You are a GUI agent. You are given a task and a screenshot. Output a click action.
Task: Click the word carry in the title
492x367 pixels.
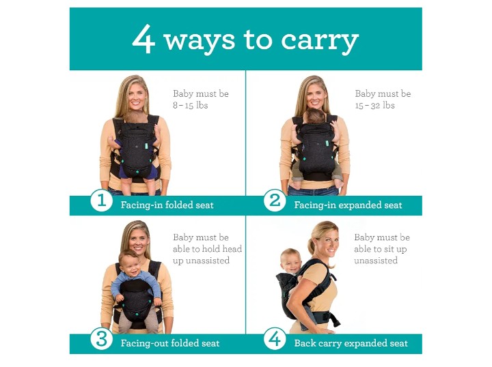click(x=320, y=42)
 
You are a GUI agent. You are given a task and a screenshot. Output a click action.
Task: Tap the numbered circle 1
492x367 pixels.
click(x=102, y=201)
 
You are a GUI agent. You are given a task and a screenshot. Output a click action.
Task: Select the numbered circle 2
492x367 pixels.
click(x=275, y=201)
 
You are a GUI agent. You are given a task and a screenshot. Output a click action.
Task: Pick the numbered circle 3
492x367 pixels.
click(x=102, y=339)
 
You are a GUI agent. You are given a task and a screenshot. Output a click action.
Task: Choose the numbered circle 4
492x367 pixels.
click(x=275, y=339)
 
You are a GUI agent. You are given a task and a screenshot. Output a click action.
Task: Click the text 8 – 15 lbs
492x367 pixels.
click(x=191, y=105)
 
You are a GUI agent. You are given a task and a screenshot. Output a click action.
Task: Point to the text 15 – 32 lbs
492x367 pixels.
click(x=374, y=105)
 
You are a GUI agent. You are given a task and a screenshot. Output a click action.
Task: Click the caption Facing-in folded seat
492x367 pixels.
click(x=167, y=205)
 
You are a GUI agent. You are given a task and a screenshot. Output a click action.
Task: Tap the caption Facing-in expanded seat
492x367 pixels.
click(x=348, y=205)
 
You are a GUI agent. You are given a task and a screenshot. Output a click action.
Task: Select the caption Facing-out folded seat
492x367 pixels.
click(x=170, y=343)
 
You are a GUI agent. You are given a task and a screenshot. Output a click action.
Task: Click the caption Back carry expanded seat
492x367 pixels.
click(x=351, y=343)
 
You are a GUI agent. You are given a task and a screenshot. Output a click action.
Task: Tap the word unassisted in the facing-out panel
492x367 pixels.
click(x=201, y=261)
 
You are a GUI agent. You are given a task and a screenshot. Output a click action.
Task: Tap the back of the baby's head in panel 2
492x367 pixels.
click(x=316, y=117)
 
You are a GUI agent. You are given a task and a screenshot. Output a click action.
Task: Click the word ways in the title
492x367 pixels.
click(x=200, y=41)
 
